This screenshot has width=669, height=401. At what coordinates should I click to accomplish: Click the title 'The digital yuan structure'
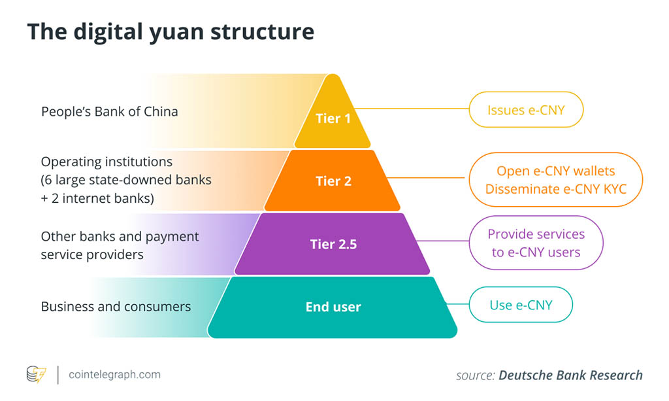click(171, 31)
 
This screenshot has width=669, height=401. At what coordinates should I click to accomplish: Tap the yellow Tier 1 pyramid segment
click(333, 119)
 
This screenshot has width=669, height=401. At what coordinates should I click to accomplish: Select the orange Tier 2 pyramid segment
click(333, 181)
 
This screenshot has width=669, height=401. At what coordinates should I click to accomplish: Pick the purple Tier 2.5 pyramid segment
click(333, 245)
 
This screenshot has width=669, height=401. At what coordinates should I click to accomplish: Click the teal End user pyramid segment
click(333, 307)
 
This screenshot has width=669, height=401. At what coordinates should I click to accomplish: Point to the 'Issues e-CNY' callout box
click(525, 110)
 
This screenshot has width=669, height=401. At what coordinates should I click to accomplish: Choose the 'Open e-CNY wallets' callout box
click(555, 171)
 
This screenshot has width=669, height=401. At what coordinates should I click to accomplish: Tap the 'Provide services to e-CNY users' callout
click(536, 243)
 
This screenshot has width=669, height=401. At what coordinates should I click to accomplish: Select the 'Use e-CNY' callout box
click(521, 305)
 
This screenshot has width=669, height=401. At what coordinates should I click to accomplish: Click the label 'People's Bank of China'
click(109, 111)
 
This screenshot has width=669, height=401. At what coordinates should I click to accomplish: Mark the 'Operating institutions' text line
click(106, 162)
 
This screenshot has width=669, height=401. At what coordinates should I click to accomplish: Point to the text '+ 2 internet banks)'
click(97, 198)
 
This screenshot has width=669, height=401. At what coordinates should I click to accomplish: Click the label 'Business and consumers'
click(116, 307)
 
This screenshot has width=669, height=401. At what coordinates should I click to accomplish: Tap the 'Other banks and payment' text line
click(120, 236)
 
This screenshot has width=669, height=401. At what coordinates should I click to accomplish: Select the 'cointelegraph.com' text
click(114, 375)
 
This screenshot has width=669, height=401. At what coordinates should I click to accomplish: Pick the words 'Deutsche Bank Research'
click(570, 375)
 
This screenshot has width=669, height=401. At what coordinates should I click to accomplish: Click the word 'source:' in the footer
click(475, 375)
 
